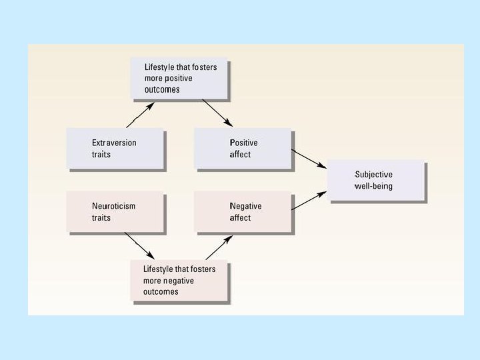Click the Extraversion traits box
(115, 148)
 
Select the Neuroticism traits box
(115, 211)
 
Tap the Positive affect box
(243, 148)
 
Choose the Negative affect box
(243, 211)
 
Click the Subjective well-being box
(377, 180)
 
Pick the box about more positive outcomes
(179, 79)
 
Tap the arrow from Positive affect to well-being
(309, 157)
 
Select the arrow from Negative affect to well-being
(309, 200)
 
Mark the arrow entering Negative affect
(218, 247)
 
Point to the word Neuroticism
(113, 206)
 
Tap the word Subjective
(373, 175)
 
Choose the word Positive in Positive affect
(243, 143)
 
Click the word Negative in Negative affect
(245, 206)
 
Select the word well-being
(373, 186)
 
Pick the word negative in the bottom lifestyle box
(178, 281)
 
